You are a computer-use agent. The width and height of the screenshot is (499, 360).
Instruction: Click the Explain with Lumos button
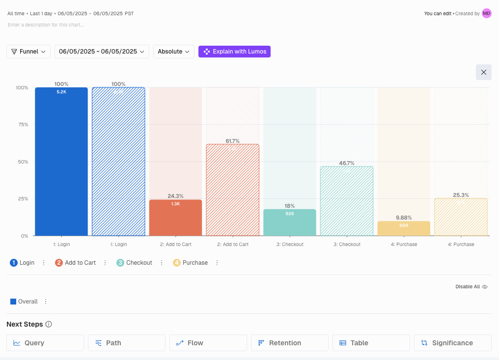tap(234, 52)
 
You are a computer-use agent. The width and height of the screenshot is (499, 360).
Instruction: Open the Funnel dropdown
tap(28, 52)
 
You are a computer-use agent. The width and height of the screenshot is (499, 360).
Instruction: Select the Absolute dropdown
tap(174, 52)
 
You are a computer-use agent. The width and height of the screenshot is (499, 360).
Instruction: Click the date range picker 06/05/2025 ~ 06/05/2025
tap(102, 52)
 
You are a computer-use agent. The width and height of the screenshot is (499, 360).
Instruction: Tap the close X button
tap(483, 72)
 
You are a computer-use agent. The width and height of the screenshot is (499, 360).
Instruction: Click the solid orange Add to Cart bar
tap(175, 218)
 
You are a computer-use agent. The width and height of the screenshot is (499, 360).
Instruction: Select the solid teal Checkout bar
tap(290, 222)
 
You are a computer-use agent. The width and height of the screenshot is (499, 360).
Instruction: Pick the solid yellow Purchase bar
tap(404, 228)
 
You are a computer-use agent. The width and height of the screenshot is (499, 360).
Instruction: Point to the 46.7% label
tap(347, 163)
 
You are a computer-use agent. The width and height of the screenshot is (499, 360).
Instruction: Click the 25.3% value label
tap(461, 195)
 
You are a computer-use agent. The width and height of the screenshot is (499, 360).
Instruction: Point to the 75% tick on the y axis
tap(22, 125)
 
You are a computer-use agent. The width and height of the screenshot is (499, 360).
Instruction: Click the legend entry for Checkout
tap(139, 263)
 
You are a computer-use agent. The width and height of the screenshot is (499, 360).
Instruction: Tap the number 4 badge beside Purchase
tap(177, 263)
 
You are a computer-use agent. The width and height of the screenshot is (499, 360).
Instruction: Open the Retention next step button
tap(289, 343)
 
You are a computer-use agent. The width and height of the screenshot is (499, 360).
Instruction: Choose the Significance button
tap(452, 343)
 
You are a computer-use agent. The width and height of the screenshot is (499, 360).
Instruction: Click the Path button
tap(126, 343)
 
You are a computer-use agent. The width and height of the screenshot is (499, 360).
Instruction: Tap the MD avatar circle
tap(486, 13)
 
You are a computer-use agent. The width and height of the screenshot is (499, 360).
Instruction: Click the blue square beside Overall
tap(13, 302)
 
